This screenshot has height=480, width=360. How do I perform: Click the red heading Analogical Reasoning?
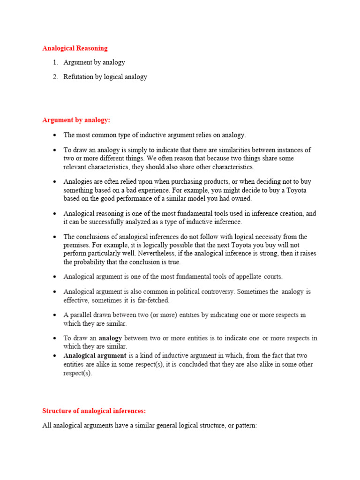(75, 48)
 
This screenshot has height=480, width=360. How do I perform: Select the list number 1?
(55, 62)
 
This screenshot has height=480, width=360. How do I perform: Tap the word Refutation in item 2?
(78, 77)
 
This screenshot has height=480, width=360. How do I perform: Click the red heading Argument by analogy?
(76, 120)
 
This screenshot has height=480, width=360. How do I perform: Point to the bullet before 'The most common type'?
(55, 135)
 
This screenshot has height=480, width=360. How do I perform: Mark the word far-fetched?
(153, 300)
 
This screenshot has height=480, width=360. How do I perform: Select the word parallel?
(82, 315)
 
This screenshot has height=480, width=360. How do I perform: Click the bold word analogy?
(110, 338)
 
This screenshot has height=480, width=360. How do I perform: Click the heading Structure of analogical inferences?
(94, 411)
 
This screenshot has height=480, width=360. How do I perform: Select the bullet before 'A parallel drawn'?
(55, 315)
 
